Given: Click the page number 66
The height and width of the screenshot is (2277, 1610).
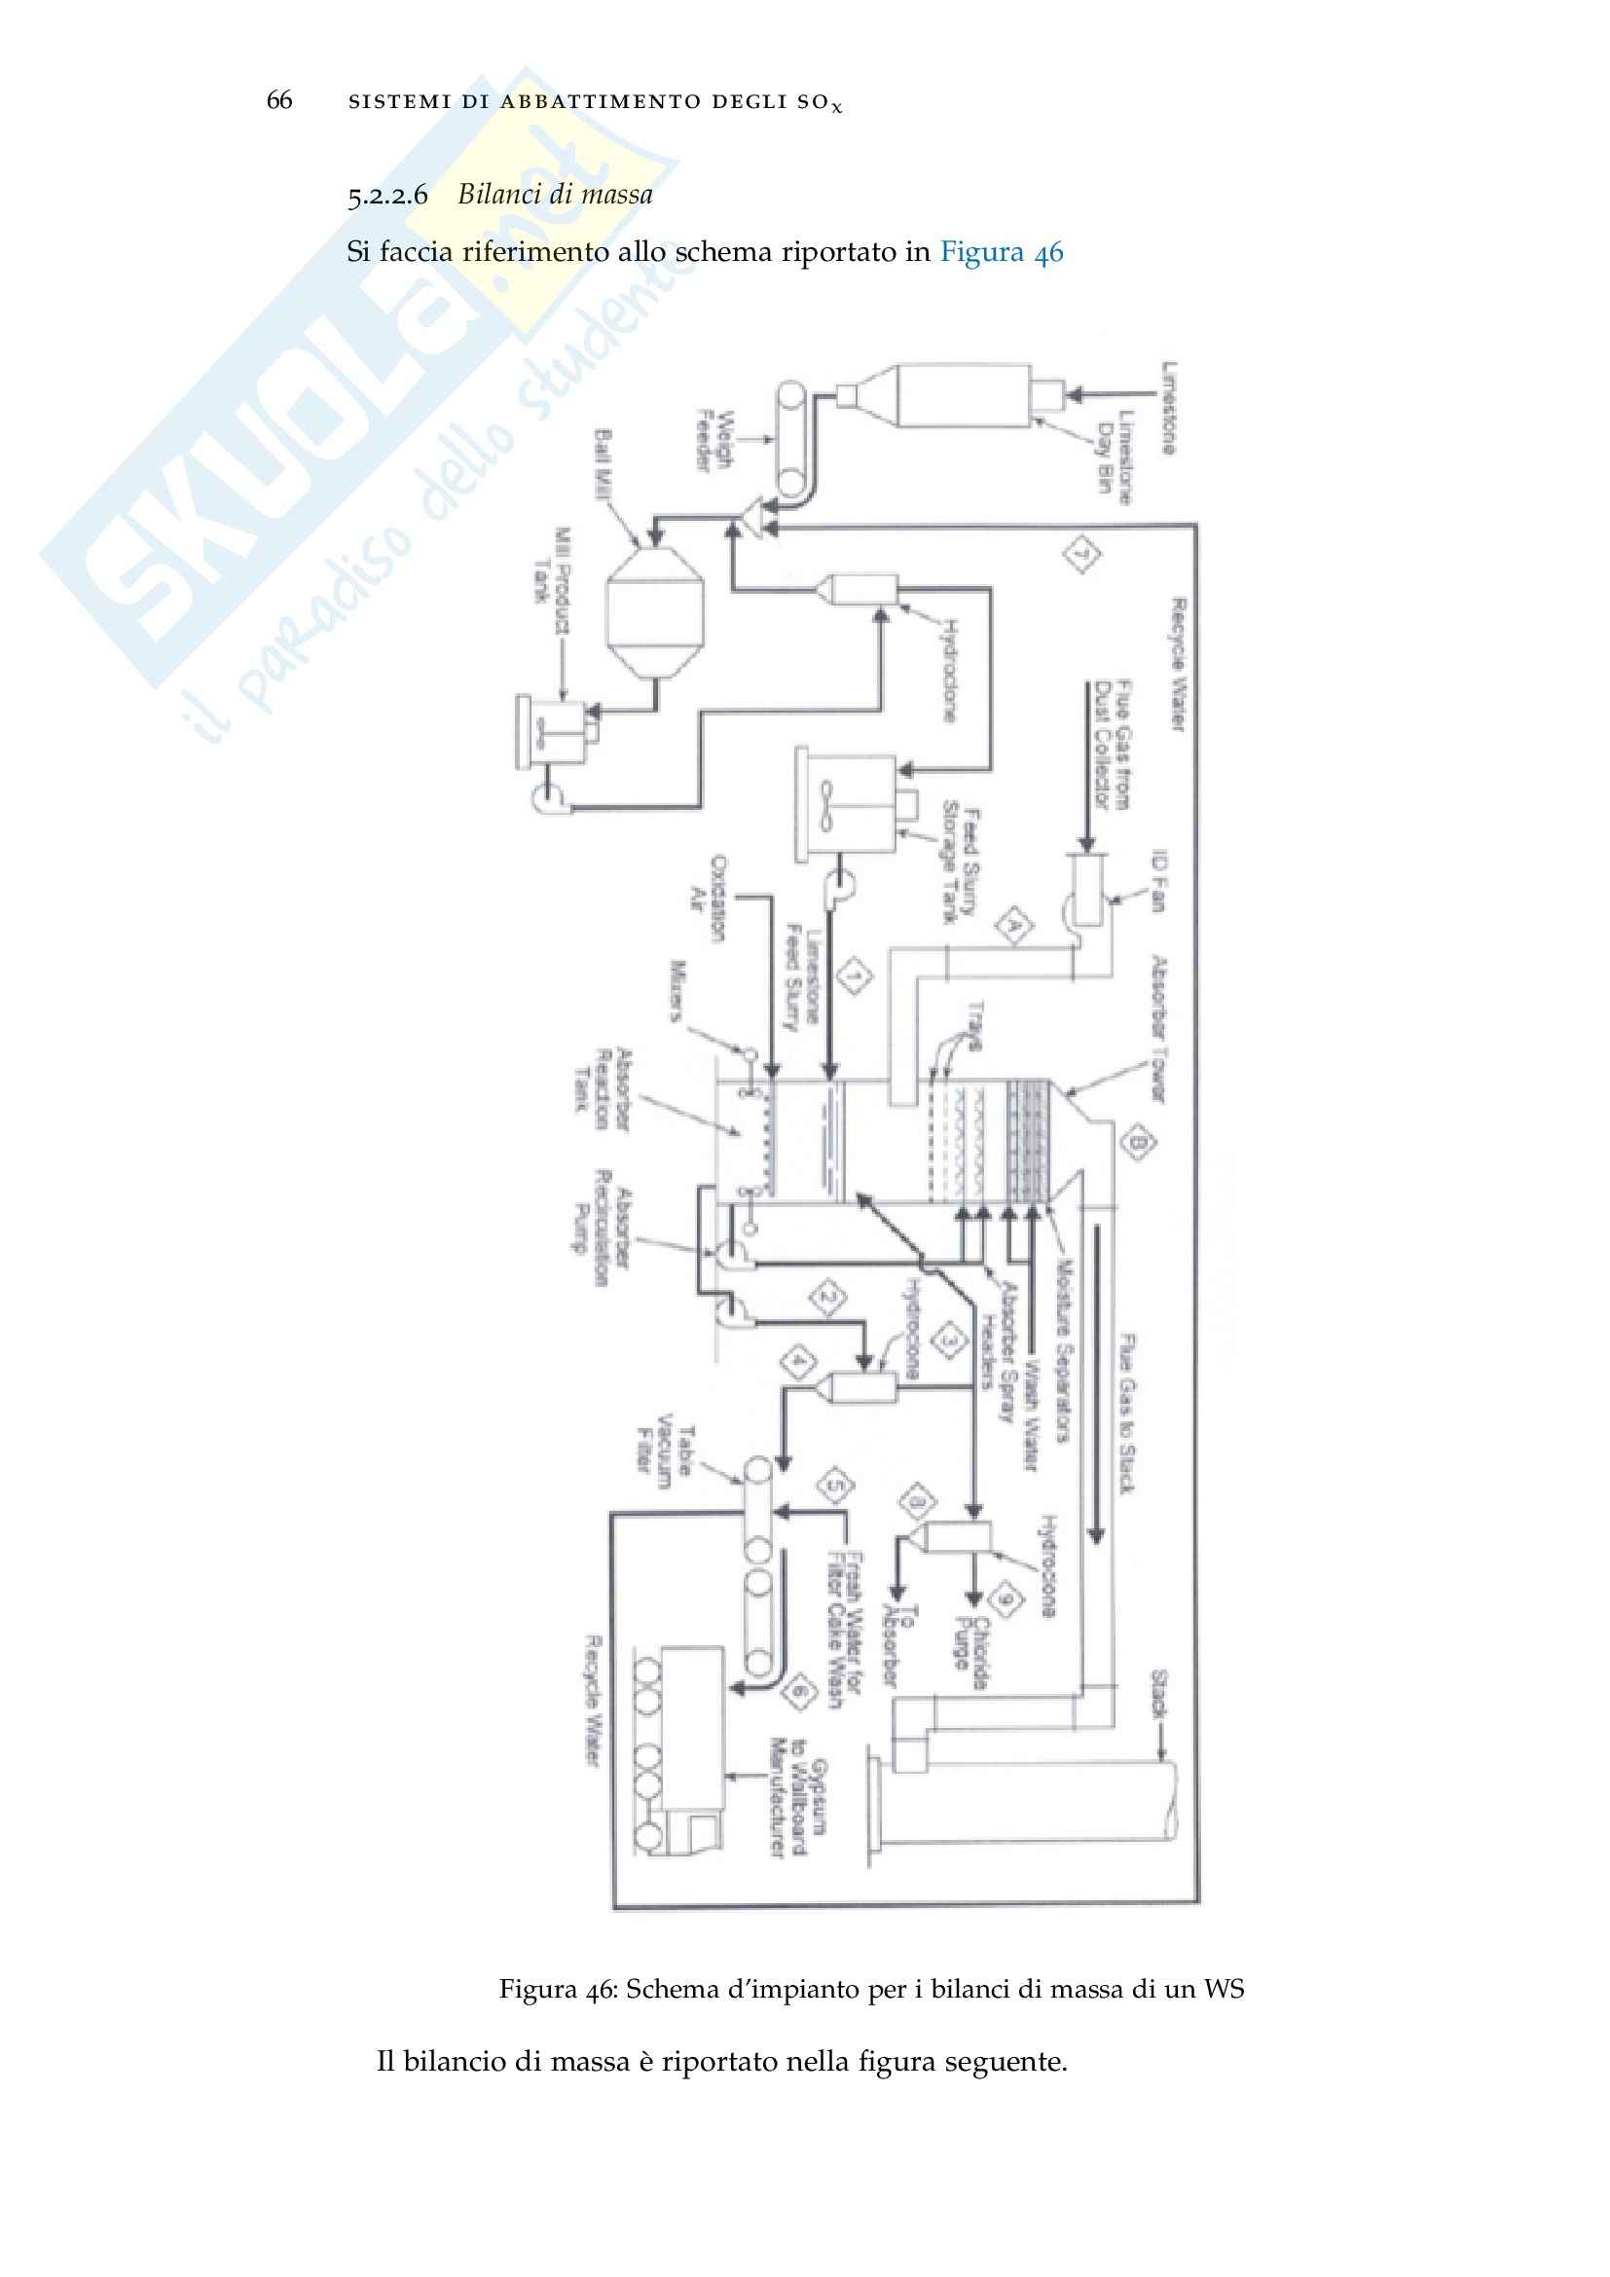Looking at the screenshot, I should (278, 100).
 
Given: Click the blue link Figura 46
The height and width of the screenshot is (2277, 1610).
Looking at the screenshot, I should (1001, 252).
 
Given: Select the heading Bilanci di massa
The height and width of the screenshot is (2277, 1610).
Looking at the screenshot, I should (554, 194).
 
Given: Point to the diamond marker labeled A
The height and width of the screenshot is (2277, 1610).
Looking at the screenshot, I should (1013, 926).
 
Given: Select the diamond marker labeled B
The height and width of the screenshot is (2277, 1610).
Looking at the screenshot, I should (1138, 1144).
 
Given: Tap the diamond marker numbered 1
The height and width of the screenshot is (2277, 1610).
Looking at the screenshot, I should (855, 976).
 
